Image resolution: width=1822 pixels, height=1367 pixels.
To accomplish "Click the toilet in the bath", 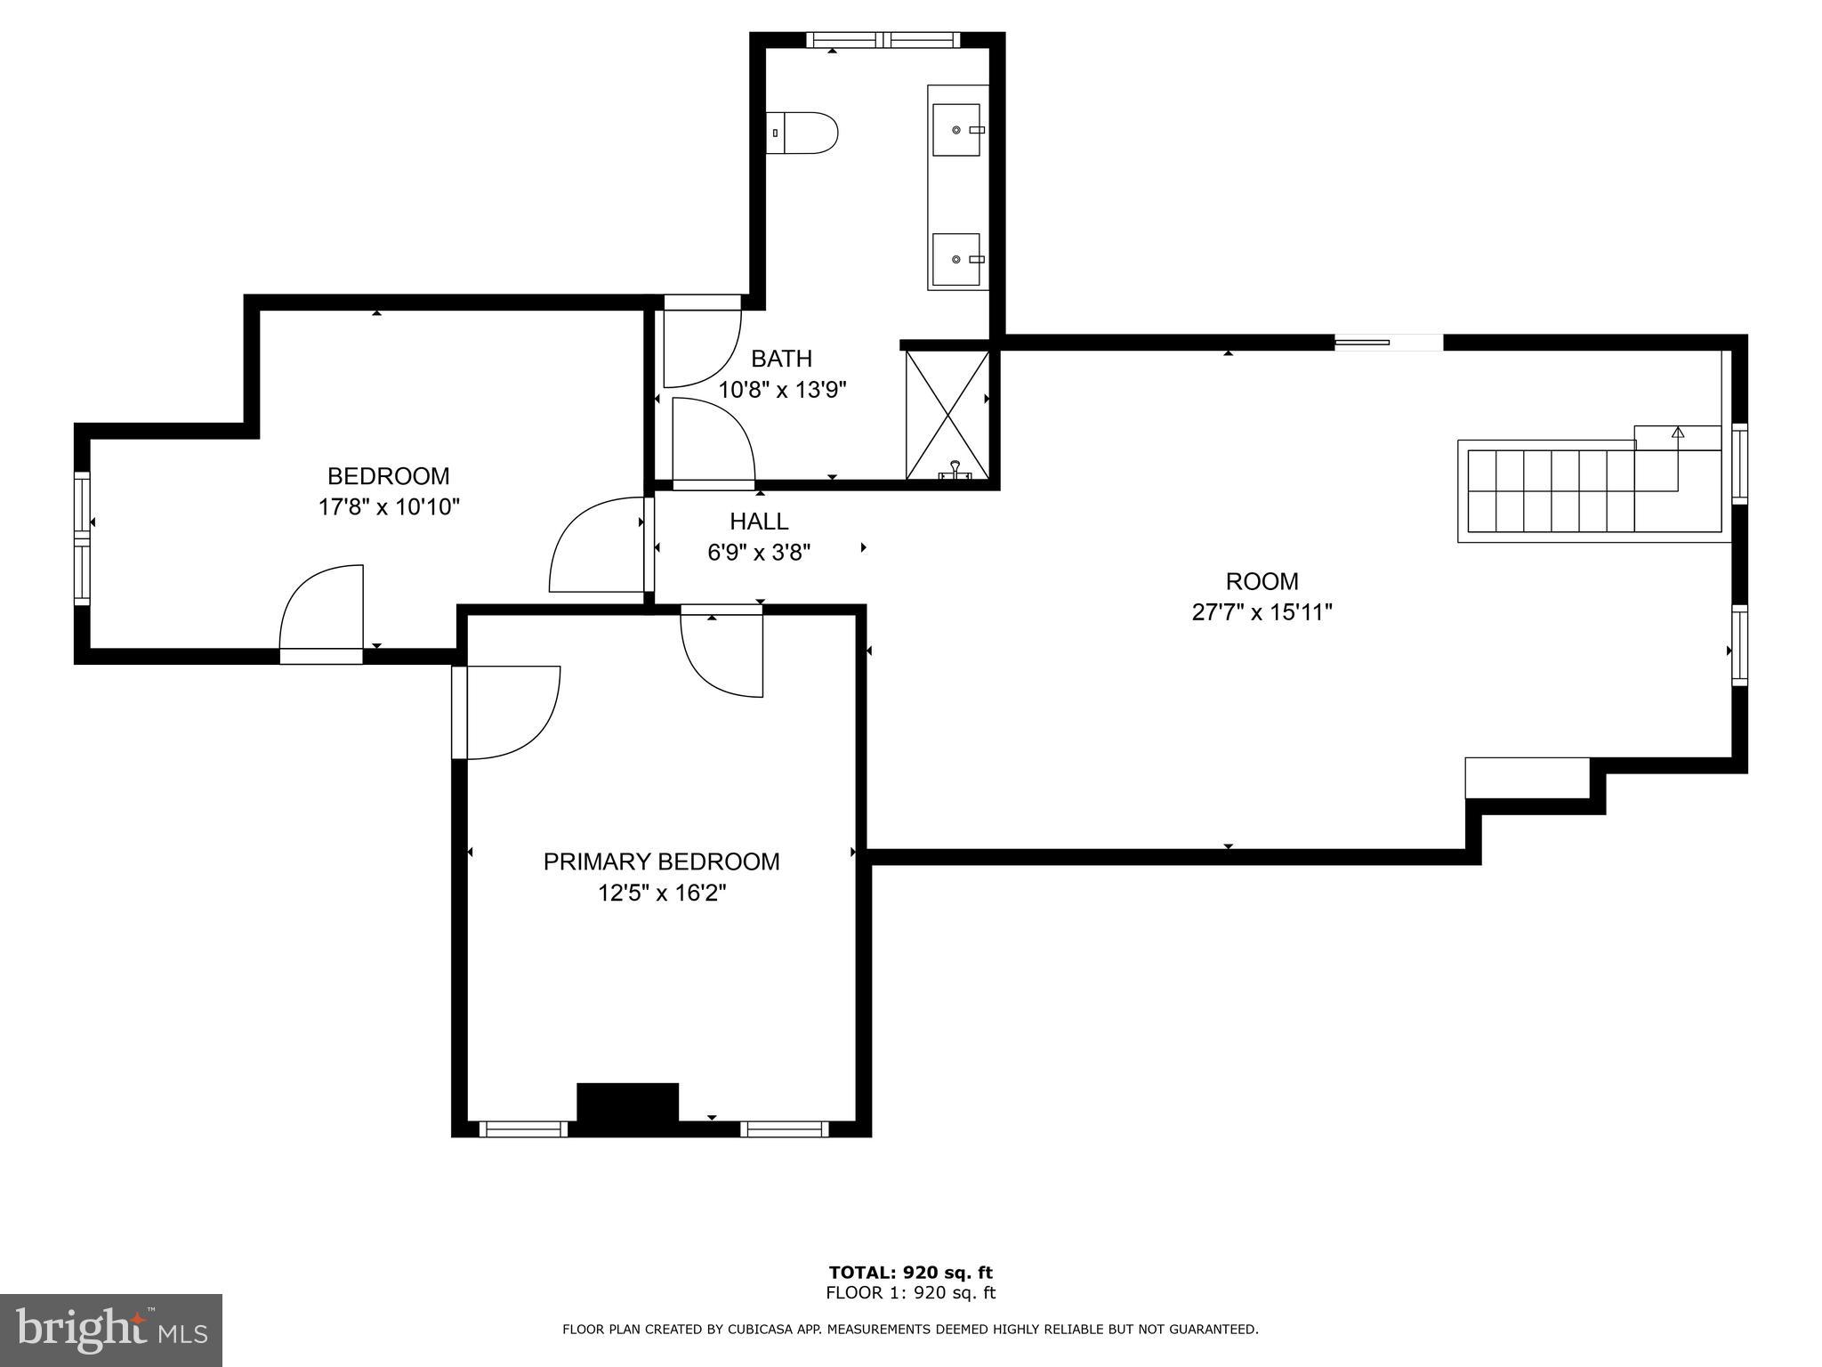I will tap(802, 133).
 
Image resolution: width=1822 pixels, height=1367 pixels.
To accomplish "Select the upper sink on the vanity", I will tap(957, 130).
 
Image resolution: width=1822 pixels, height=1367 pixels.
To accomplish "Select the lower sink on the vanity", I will tap(957, 259).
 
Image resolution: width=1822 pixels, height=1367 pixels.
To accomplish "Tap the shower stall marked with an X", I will tap(947, 415).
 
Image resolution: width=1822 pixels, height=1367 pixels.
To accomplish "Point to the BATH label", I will tap(781, 359).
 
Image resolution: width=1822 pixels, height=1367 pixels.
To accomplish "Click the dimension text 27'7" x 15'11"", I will tap(1262, 612).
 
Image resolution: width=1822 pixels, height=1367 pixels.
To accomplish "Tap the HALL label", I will tap(759, 522).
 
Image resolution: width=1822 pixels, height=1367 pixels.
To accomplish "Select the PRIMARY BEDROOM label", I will tap(661, 861).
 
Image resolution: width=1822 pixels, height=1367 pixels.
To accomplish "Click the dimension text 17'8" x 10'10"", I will tap(389, 507).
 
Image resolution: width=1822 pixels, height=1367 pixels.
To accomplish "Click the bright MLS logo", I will tap(111, 1330).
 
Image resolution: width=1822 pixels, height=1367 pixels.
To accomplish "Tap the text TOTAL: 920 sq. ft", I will tap(910, 1272).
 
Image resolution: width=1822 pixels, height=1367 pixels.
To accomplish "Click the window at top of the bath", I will tap(883, 39).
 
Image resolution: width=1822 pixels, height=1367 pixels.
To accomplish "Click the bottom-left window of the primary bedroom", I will tap(523, 1128).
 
